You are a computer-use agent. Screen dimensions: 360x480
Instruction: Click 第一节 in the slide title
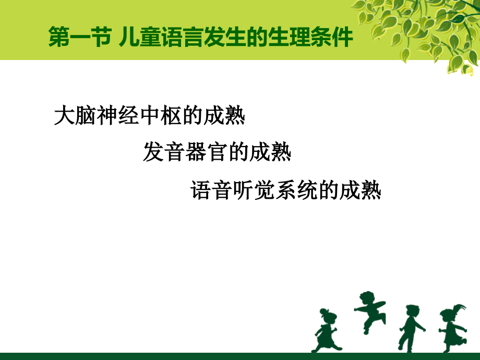click(78, 38)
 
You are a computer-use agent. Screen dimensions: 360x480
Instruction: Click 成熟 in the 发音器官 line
click(272, 152)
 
